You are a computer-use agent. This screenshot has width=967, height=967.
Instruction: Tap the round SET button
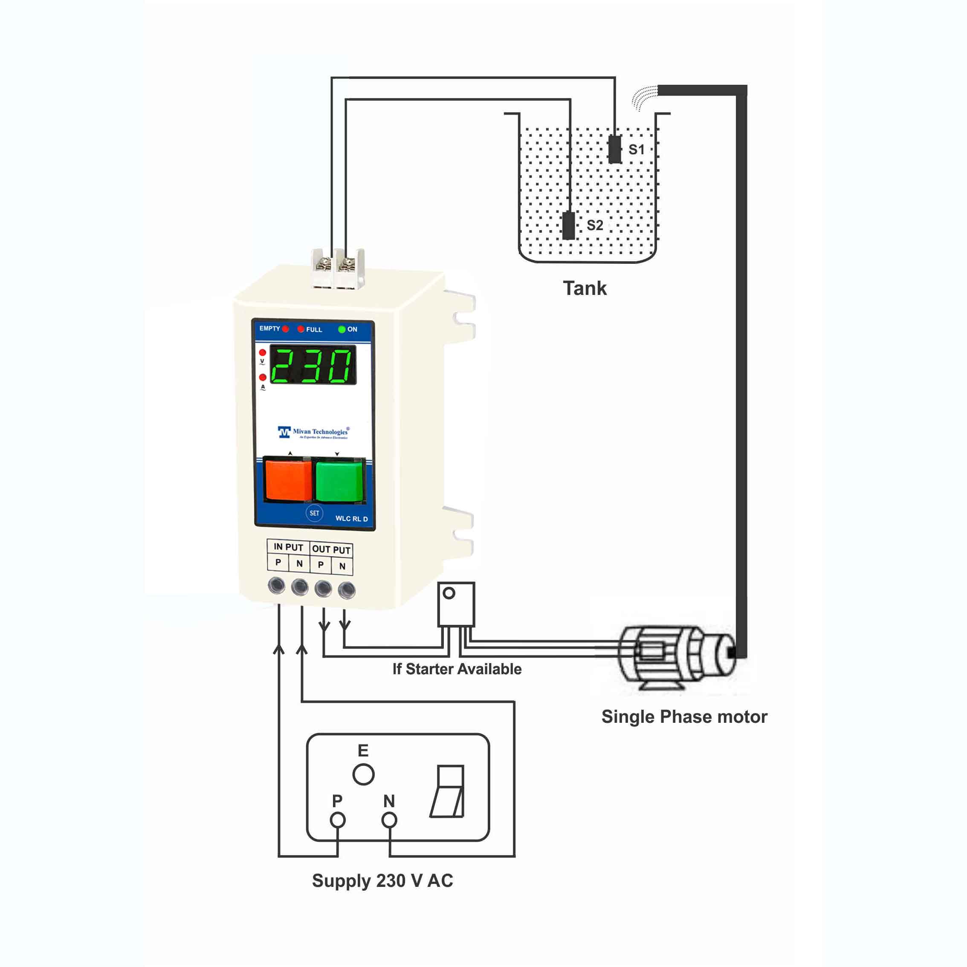click(314, 513)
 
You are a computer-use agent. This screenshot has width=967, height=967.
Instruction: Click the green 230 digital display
click(313, 365)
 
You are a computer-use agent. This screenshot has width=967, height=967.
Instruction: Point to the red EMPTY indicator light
click(285, 329)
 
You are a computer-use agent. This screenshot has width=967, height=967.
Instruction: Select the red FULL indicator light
click(301, 329)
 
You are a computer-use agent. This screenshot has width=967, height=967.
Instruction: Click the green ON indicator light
click(342, 329)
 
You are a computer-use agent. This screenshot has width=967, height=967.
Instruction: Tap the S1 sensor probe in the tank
click(614, 149)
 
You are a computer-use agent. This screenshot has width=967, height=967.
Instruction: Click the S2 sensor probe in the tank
click(568, 225)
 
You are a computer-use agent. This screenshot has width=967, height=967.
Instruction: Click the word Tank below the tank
click(585, 288)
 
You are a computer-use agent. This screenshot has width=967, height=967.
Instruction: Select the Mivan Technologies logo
click(313, 432)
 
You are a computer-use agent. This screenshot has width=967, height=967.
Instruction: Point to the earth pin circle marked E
click(363, 774)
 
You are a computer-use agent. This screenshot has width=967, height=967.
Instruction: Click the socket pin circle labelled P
click(338, 820)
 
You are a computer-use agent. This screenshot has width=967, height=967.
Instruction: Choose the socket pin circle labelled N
click(389, 820)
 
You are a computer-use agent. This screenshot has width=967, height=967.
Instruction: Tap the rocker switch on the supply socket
click(448, 791)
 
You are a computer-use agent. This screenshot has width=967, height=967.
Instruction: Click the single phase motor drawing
click(674, 656)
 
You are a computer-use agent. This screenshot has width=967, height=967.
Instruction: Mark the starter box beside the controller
click(456, 604)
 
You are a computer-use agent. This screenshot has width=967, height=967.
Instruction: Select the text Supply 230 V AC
click(382, 880)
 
